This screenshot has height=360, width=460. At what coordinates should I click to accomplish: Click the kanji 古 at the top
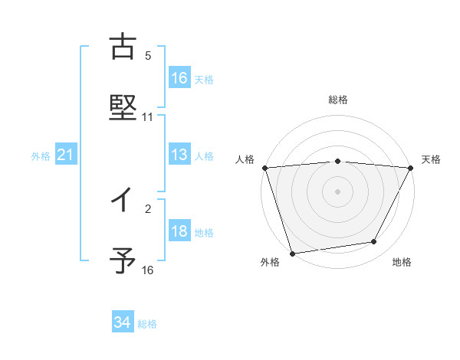point(123,47)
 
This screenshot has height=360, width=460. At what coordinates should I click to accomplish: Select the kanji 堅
point(123,108)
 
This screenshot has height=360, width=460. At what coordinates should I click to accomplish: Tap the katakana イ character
point(123,201)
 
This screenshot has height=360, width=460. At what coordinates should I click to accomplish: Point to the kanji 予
point(123,261)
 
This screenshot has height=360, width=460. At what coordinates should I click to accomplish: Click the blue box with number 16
point(179,77)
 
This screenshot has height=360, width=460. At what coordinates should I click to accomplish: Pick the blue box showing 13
point(179,155)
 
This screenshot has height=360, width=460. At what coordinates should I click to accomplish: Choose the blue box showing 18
point(179,232)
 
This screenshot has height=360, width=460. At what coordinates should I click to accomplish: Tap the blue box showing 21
point(65,155)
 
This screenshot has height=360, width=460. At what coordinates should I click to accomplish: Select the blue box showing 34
point(122,323)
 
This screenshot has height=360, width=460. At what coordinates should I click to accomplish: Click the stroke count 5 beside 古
point(148,56)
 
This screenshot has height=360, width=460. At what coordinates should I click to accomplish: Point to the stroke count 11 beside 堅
point(148,117)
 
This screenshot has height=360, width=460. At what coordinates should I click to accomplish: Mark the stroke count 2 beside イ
point(148,208)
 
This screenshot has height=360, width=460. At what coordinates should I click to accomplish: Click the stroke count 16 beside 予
point(148,270)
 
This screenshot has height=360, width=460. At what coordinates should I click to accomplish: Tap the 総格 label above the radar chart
point(338,100)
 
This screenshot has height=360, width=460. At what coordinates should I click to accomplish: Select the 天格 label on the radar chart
point(432,159)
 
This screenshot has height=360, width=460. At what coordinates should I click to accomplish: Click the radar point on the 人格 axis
point(264,168)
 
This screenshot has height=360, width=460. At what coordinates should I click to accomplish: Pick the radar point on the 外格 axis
point(293,253)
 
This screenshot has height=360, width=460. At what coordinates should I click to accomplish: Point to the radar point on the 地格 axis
point(374,242)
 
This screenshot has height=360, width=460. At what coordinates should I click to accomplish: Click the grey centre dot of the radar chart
point(338,191)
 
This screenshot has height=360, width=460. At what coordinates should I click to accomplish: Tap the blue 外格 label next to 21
point(41,156)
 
